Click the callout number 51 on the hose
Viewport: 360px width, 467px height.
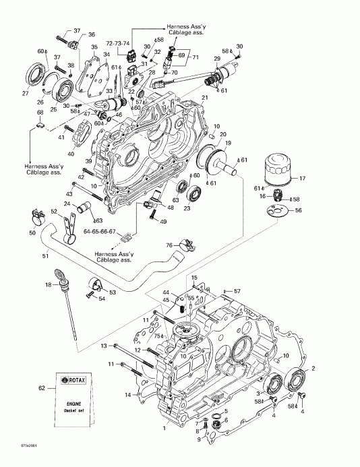46,255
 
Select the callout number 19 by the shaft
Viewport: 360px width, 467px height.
227,144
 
